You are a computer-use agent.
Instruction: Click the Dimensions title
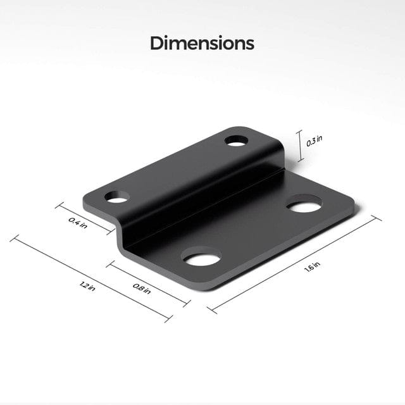click(x=202, y=43)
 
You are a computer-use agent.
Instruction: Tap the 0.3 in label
click(x=311, y=141)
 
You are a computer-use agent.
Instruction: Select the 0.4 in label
click(x=79, y=222)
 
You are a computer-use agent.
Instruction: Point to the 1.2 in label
click(x=88, y=286)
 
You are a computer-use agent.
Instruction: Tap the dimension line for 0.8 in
click(x=147, y=282)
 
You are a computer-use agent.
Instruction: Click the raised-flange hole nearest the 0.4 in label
click(x=117, y=197)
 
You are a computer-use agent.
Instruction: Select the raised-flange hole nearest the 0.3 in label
click(x=236, y=140)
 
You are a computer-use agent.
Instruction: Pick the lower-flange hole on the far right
click(x=305, y=206)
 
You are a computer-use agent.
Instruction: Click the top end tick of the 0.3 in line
click(x=300, y=131)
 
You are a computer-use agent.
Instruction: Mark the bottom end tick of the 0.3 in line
click(x=300, y=162)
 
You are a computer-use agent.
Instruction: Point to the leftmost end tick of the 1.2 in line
click(x=13, y=238)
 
